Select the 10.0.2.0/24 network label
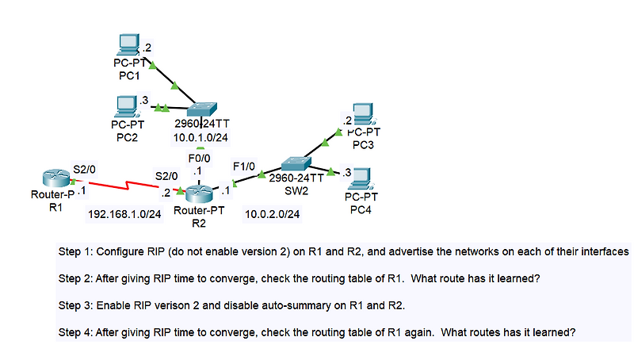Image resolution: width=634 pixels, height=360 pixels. tap(272, 214)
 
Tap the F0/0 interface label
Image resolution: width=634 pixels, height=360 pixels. tap(199, 159)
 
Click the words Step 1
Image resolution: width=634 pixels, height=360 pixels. tap(75, 251)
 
